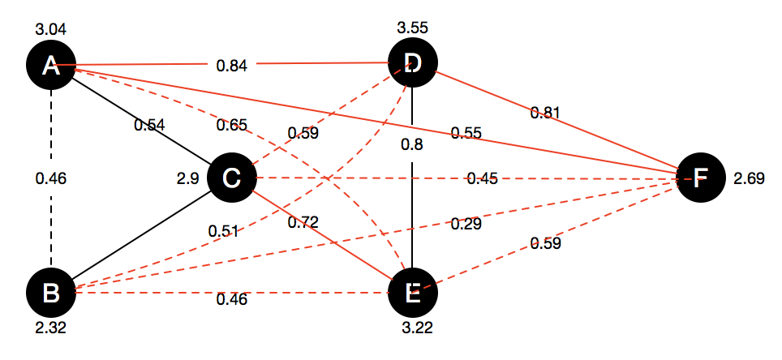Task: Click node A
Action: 51,65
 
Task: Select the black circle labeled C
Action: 232,178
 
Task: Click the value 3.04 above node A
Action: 50,30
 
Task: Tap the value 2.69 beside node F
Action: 749,178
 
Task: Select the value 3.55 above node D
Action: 412,28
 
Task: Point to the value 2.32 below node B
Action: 50,328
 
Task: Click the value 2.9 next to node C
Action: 188,178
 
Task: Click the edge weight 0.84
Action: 232,65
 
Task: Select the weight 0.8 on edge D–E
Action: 414,147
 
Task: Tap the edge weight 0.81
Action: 546,112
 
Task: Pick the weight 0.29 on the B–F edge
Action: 466,224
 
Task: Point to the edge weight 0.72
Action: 303,221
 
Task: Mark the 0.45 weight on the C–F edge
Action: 482,178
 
